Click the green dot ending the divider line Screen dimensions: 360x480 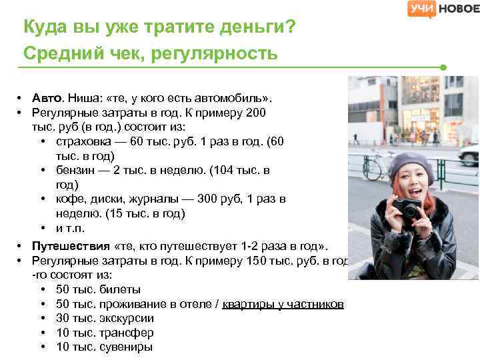tap(443, 67)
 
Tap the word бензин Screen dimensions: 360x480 tap(75, 170)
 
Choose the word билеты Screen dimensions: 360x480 tap(119, 289)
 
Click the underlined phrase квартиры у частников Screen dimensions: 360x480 tap(283, 304)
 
